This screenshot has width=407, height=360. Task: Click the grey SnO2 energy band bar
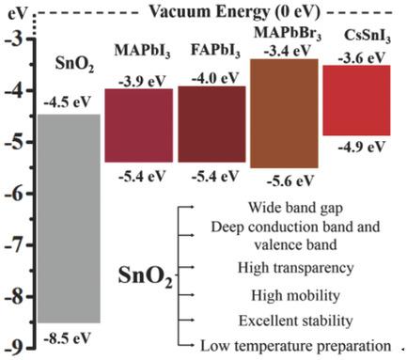point(68,217)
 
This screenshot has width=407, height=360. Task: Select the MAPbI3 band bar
point(138,125)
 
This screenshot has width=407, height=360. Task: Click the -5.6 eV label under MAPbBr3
point(284,182)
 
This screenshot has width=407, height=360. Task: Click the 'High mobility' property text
point(290,295)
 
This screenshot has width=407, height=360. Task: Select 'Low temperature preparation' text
point(290,345)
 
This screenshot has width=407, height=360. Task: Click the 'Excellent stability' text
point(290,321)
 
